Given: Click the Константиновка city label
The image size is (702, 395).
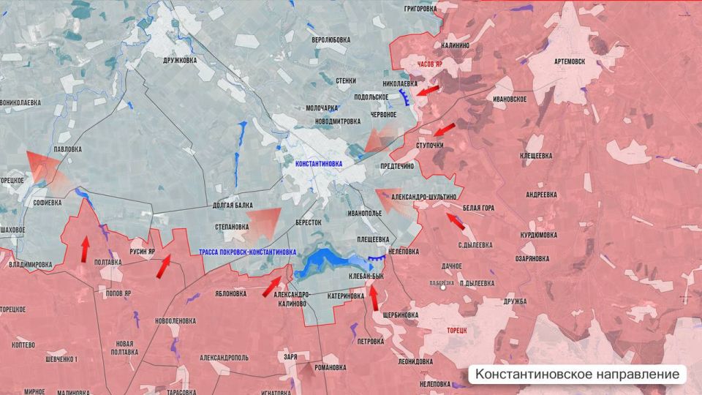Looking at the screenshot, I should click(x=318, y=165).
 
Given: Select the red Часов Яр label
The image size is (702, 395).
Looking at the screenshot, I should click(x=430, y=64).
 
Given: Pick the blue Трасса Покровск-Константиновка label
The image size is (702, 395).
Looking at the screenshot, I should click(x=247, y=252).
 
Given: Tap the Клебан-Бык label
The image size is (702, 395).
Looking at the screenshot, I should click(x=366, y=276).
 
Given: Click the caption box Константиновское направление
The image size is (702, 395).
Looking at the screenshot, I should click(x=577, y=375).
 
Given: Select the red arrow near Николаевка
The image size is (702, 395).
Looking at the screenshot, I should click(x=429, y=91).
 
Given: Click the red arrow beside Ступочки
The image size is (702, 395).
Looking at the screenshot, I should click(x=443, y=130).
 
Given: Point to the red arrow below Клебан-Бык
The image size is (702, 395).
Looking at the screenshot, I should click(x=374, y=297).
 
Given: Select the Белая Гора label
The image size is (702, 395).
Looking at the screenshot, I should click(x=478, y=208).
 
